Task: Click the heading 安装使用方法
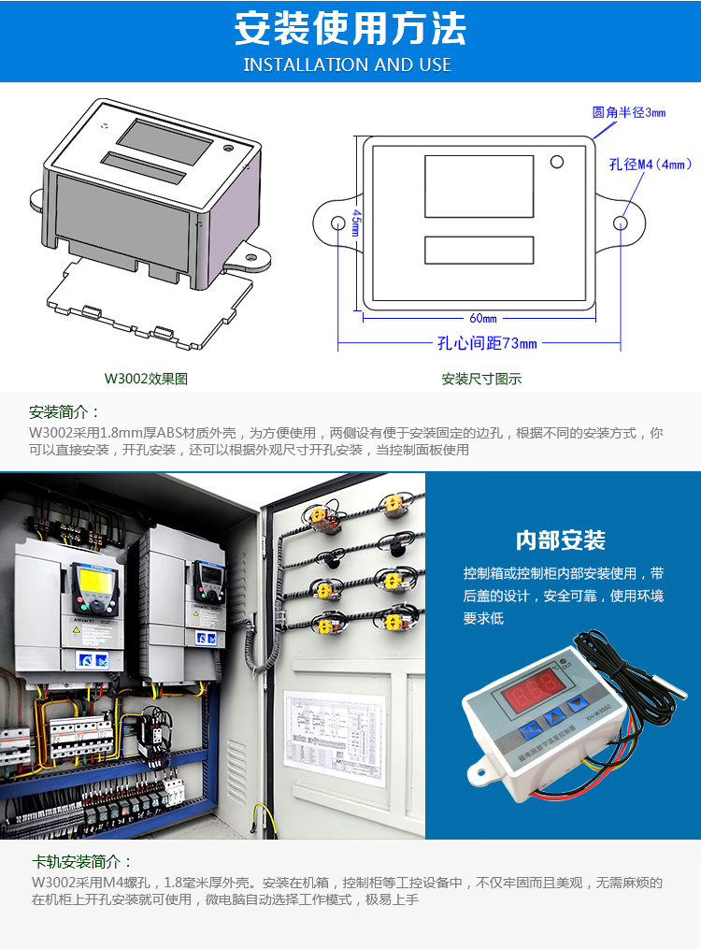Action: point(350,29)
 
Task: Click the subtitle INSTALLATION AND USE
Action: point(348,65)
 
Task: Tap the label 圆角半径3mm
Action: point(629,112)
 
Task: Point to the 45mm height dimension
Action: point(356,223)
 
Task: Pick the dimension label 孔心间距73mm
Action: point(487,343)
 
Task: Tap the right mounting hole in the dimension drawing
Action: point(620,223)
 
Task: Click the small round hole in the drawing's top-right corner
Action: point(557,162)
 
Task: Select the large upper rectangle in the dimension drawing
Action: point(479,187)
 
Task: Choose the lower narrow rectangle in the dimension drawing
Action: point(479,250)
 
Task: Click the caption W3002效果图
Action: point(146,380)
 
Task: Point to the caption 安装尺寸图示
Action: point(481,380)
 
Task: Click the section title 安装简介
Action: point(64,412)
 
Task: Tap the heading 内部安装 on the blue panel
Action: point(561,540)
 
